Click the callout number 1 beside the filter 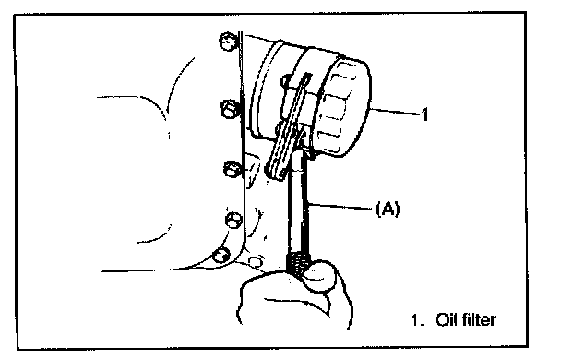point(424,114)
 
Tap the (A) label point(388,209)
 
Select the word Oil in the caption point(446,319)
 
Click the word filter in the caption point(479,319)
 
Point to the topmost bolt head point(228,42)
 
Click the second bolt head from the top point(229,109)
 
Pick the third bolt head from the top point(233,168)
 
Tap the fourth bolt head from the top point(234,220)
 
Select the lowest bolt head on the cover point(221,255)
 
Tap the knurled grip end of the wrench point(297,264)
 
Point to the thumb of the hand point(319,276)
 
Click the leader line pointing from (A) point(341,207)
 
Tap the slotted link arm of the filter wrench point(290,126)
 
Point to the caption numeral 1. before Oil point(417,319)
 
